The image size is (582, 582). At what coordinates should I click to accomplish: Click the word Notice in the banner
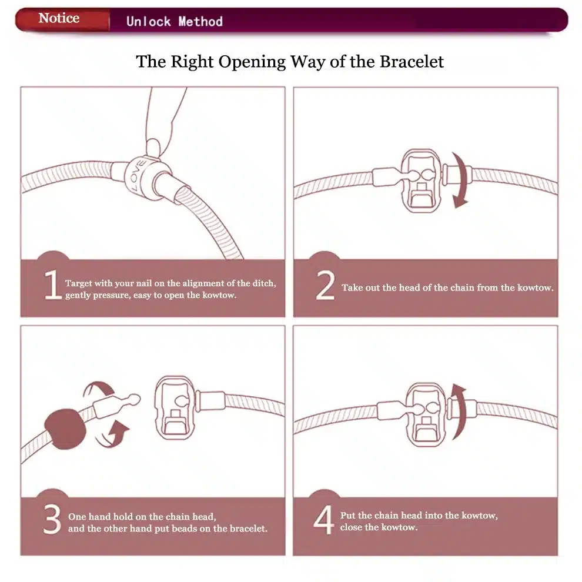click(59, 18)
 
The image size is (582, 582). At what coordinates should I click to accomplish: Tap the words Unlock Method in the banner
click(175, 21)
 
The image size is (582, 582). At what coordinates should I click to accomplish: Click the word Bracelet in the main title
click(412, 62)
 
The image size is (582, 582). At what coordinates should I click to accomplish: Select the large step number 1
click(53, 285)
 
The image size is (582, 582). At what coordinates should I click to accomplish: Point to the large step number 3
click(52, 519)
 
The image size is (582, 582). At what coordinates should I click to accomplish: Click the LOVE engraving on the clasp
click(137, 175)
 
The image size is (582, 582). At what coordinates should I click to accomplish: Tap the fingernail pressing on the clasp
click(153, 146)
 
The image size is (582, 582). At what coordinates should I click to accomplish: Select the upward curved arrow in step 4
click(460, 412)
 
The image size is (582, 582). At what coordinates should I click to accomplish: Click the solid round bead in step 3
click(65, 429)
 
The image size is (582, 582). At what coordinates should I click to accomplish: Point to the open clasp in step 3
click(175, 407)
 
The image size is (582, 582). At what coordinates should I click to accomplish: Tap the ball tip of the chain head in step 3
click(135, 399)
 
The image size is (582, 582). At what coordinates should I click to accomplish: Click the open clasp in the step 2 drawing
click(421, 180)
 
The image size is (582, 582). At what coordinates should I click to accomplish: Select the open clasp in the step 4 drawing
click(426, 414)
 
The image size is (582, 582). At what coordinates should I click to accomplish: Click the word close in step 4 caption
click(351, 527)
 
